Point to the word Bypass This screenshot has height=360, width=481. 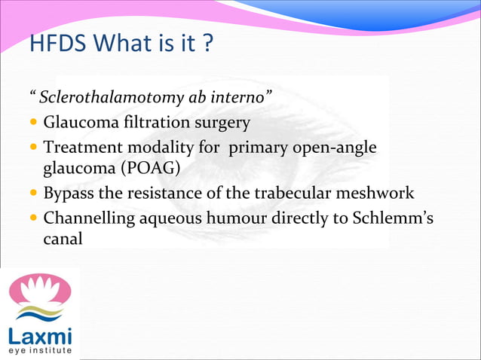pyautogui.click(x=69, y=194)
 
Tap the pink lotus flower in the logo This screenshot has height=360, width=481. pyautogui.click(x=40, y=290)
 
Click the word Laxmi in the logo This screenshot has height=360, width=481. pyautogui.click(x=39, y=334)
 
